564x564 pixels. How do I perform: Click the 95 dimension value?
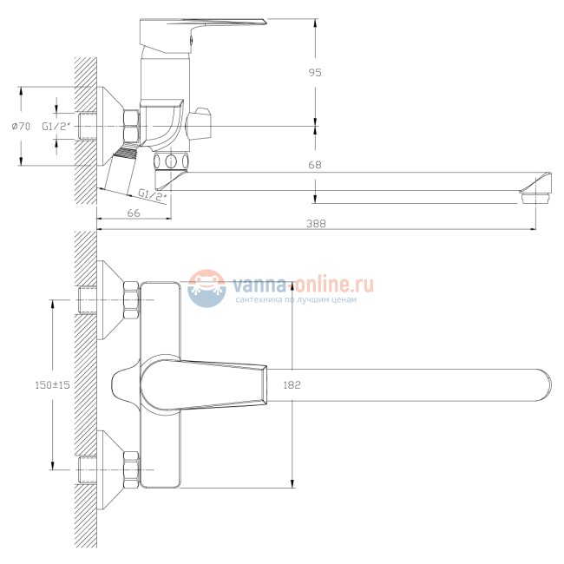click(315, 73)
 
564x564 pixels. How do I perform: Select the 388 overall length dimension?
click(316, 224)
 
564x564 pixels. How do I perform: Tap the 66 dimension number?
click(134, 213)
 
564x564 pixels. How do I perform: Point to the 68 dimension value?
click(315, 165)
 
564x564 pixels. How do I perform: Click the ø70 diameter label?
click(21, 127)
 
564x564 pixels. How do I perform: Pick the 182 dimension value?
click(292, 385)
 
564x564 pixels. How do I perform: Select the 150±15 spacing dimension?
click(52, 385)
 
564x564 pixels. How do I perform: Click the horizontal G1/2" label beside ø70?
click(56, 127)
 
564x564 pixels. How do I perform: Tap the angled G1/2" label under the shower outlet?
click(153, 195)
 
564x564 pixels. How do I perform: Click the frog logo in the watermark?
click(207, 288)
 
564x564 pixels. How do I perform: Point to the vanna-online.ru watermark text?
click(304, 284)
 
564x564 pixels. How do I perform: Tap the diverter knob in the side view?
click(199, 123)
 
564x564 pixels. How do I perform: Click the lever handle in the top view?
click(204, 385)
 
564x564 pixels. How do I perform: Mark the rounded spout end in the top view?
click(542, 385)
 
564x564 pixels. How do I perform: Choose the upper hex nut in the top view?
click(131, 300)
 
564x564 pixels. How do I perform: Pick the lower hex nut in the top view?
click(131, 469)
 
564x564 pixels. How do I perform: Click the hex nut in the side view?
click(131, 127)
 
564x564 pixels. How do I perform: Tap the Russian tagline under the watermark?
click(296, 299)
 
